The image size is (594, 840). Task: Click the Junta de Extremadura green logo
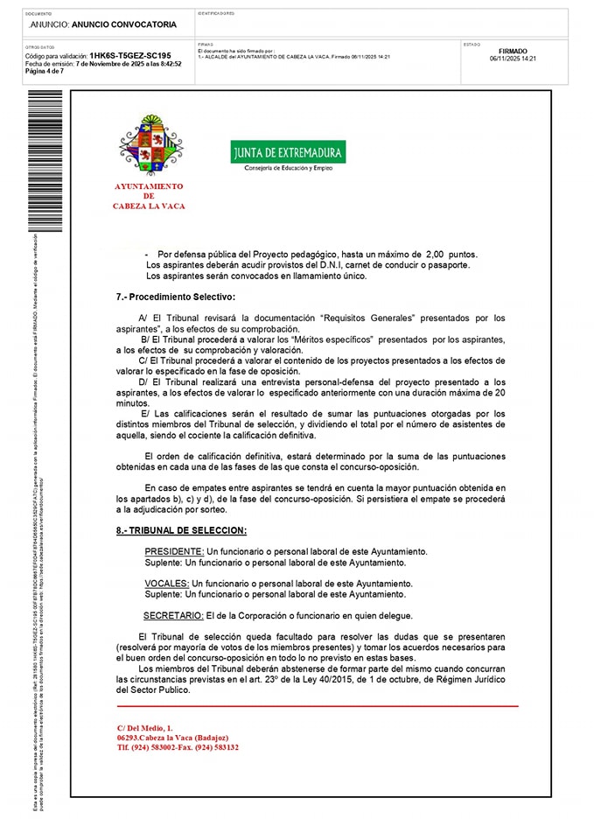pyautogui.click(x=288, y=153)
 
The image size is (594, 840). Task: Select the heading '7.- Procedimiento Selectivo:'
pyautogui.click(x=176, y=297)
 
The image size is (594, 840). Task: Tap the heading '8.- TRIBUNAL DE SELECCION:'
pyautogui.click(x=181, y=530)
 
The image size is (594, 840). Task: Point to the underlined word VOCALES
pyautogui.click(x=166, y=583)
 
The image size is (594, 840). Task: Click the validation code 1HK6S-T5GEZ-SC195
pyautogui.click(x=130, y=55)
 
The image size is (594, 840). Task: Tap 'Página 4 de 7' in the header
pyautogui.click(x=44, y=71)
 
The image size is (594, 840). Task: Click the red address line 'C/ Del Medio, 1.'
pyautogui.click(x=145, y=727)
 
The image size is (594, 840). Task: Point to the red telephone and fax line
pyautogui.click(x=178, y=747)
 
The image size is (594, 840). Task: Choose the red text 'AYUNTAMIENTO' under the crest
pyautogui.click(x=149, y=186)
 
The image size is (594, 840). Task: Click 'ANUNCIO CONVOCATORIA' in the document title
pyautogui.click(x=123, y=24)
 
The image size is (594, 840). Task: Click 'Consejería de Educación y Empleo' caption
pyautogui.click(x=288, y=168)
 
